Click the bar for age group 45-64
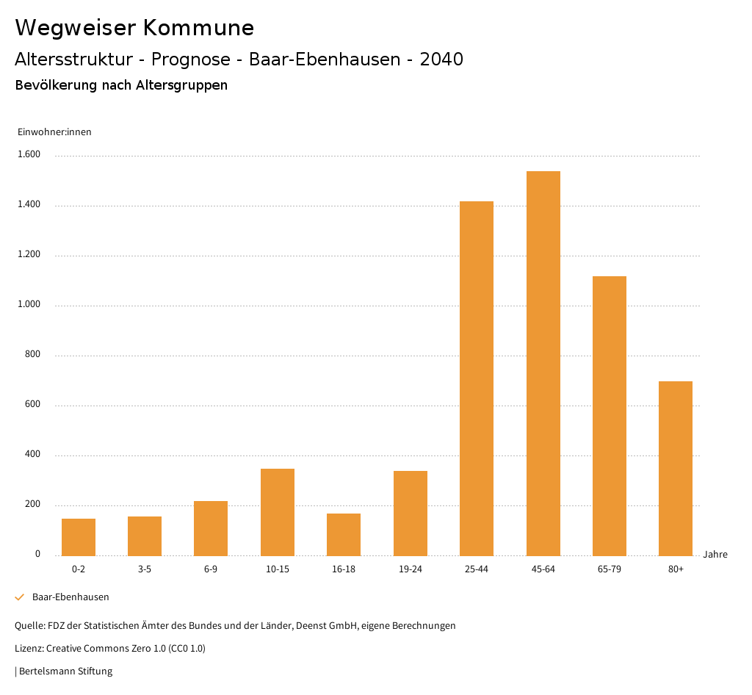(543, 363)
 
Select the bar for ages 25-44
(477, 378)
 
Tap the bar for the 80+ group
(676, 468)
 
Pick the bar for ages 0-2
(79, 537)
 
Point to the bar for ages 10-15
(278, 512)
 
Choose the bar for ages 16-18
(344, 534)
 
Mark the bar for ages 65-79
(610, 415)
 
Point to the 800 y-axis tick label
(33, 355)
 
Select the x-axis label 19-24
(410, 569)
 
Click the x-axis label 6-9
(211, 569)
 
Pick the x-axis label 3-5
(145, 569)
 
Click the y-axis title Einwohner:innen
(54, 132)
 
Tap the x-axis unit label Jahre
(715, 555)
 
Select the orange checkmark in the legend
(20, 597)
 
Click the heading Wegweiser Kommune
(134, 28)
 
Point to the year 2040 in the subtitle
(441, 60)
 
